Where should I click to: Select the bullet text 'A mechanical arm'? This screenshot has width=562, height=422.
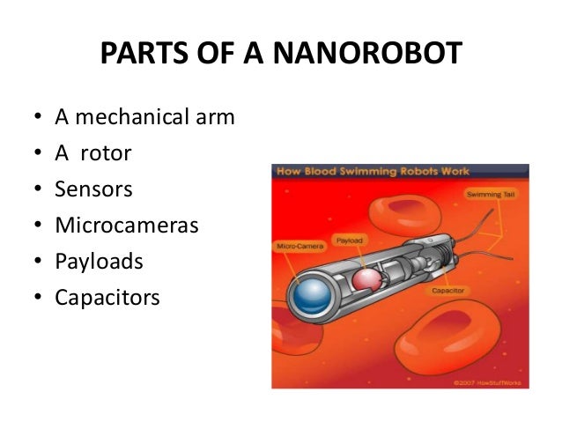144,116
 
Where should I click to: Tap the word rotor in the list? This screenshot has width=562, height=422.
106,153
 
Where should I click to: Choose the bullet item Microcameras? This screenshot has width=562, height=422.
127,226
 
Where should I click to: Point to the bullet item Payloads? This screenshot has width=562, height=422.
99,262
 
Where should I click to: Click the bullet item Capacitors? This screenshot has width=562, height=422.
107,298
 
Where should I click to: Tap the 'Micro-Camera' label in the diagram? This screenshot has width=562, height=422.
297,247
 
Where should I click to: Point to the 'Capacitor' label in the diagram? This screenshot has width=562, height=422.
448,290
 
